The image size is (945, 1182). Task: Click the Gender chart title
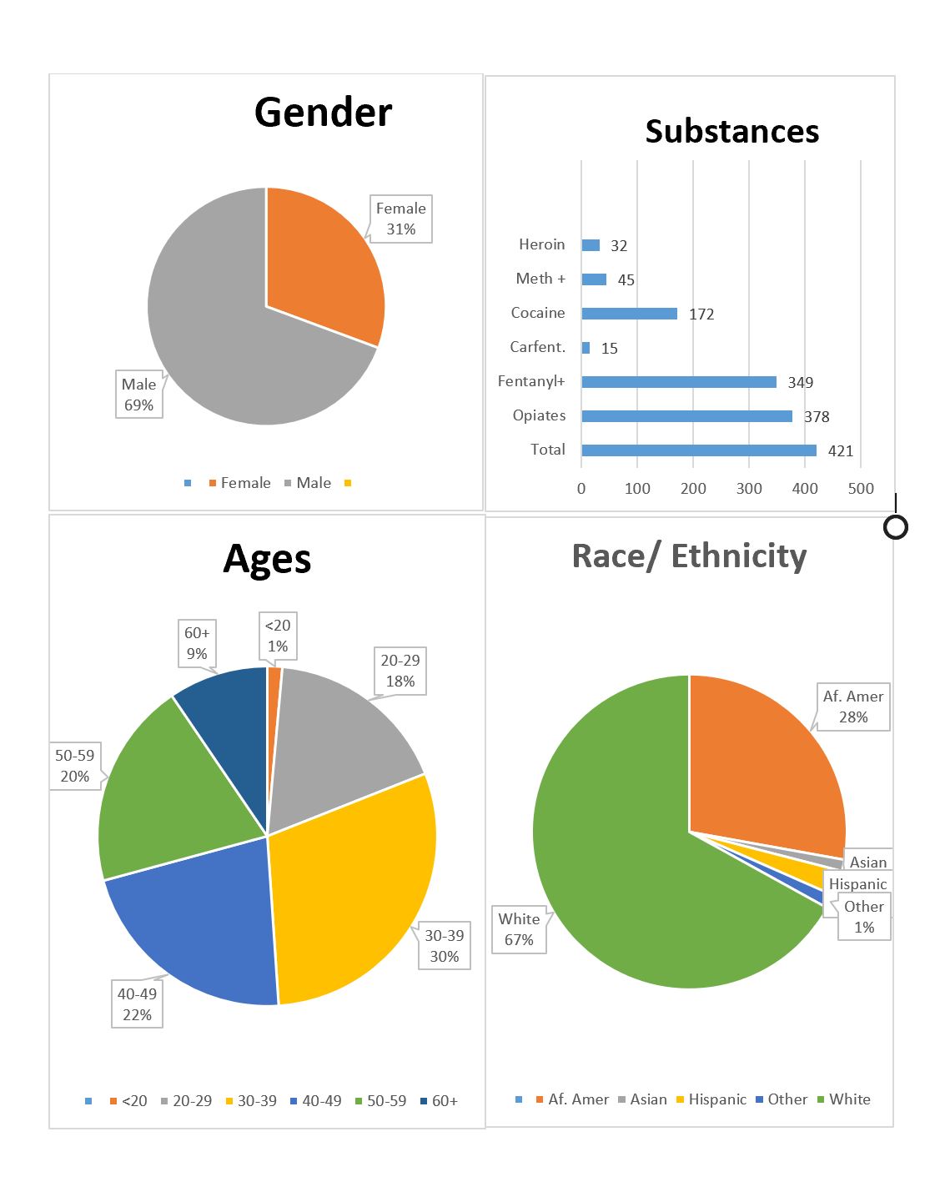coord(323,112)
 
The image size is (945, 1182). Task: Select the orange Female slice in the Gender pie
coord(321,267)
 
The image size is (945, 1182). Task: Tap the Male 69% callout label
coord(138,395)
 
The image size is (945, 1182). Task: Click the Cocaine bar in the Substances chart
coord(629,314)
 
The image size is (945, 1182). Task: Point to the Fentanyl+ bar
coord(678,382)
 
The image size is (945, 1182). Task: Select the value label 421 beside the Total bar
coord(840,451)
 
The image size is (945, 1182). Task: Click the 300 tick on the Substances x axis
coord(748,489)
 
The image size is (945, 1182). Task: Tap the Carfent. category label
coord(537,347)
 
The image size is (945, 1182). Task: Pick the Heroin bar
coord(591,245)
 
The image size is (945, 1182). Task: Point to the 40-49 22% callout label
coord(137,1004)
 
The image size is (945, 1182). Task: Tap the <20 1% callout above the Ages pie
coord(278,636)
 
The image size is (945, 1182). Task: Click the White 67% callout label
coord(519,929)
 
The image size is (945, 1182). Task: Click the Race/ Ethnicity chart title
coord(689,556)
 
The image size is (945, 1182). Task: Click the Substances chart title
coord(731,132)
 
